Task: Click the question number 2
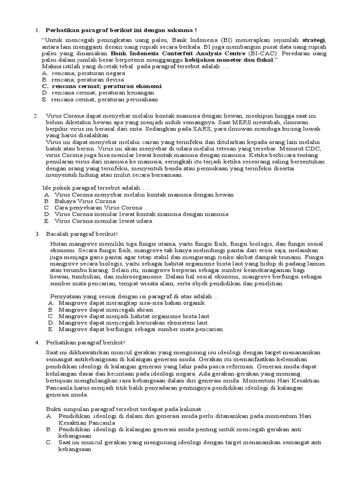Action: tap(36, 116)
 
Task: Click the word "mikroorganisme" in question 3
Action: tap(117, 277)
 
